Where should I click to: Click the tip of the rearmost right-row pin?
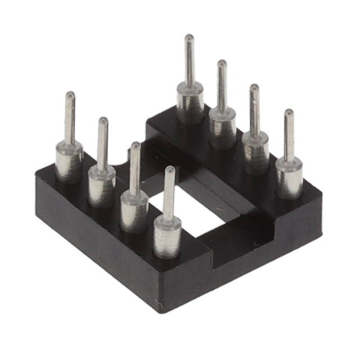190,38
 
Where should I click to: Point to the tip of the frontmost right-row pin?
288,113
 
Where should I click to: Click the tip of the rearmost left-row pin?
69,95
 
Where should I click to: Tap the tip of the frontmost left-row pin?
169,169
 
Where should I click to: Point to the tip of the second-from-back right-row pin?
222,63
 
